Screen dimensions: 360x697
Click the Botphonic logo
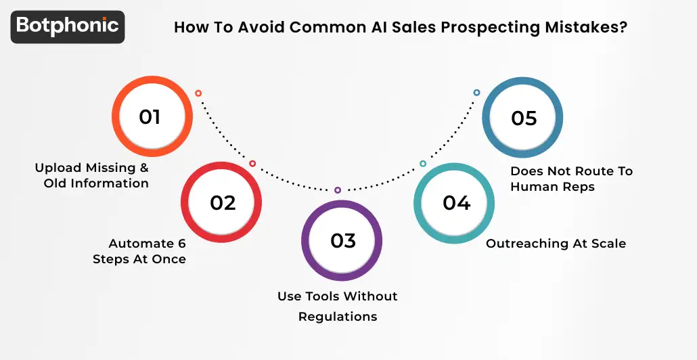[x=68, y=26]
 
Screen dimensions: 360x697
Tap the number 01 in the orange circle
[x=150, y=117]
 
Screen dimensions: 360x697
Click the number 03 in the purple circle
[x=342, y=241]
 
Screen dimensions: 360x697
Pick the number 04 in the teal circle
[x=456, y=203]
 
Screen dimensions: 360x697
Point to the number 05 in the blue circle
[x=524, y=118]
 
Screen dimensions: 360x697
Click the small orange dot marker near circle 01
[x=198, y=93]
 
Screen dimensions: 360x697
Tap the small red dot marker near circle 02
[x=252, y=164]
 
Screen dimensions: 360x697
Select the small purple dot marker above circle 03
[x=338, y=190]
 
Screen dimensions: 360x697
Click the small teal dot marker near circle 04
[x=423, y=164]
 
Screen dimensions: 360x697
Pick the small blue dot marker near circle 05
[x=476, y=93]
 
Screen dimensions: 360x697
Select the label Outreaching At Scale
[x=556, y=244]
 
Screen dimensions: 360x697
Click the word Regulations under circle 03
[x=338, y=317]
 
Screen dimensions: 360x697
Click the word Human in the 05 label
[x=534, y=186]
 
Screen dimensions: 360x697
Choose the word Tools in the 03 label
[x=321, y=296]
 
